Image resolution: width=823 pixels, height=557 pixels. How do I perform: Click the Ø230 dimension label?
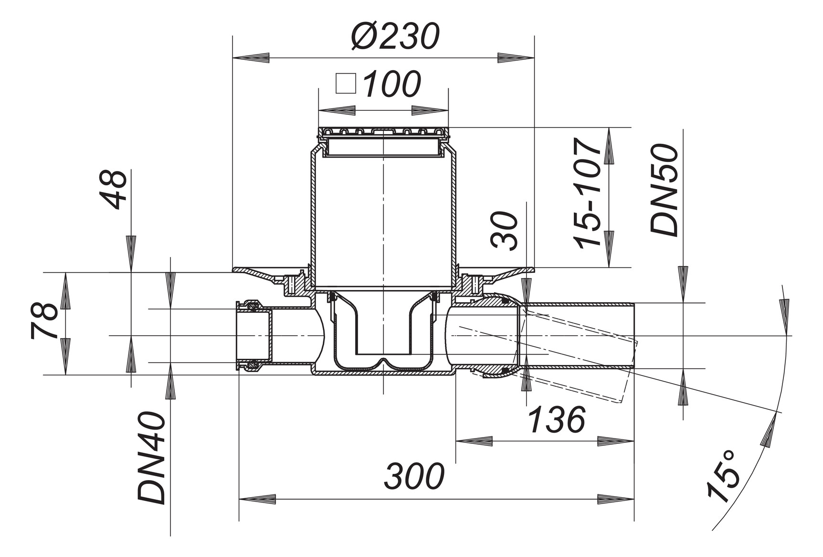tap(394, 37)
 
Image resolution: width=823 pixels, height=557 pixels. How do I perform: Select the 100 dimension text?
tap(391, 84)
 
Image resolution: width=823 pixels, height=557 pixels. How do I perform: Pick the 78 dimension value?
tap(44, 321)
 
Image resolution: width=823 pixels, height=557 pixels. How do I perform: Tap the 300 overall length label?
tap(414, 477)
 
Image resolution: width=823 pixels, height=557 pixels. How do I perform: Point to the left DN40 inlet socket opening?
tap(243, 336)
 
